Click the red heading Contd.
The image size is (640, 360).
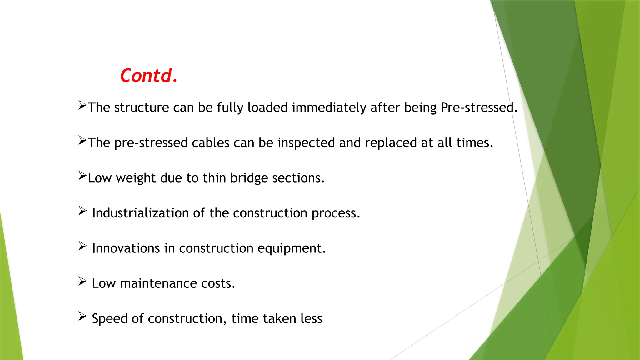click(x=149, y=76)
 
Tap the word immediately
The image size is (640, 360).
click(x=329, y=108)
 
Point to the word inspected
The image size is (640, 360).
click(x=306, y=143)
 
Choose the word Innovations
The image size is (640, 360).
click(x=126, y=248)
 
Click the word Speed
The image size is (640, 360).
click(x=110, y=319)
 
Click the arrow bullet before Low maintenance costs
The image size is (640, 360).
click(x=82, y=281)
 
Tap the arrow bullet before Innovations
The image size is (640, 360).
click(x=82, y=246)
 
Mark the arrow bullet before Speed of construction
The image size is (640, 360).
click(x=82, y=316)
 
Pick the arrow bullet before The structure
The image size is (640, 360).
click(x=82, y=105)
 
